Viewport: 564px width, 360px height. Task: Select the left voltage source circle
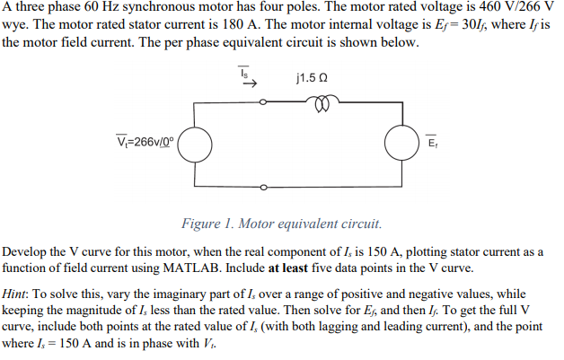[198, 144]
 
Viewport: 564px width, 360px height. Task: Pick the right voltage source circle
[401, 144]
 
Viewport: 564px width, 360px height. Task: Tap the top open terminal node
[264, 101]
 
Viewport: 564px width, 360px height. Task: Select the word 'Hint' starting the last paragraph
[19, 294]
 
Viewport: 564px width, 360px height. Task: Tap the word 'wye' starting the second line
[15, 25]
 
